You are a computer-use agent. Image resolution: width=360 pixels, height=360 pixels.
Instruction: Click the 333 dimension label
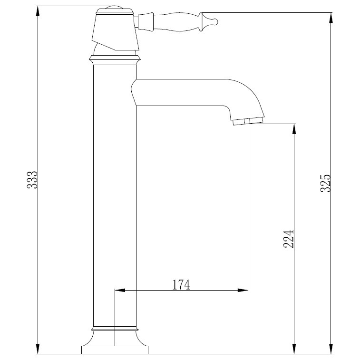(x=32, y=180)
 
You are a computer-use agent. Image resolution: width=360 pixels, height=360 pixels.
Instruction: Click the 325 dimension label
(x=325, y=183)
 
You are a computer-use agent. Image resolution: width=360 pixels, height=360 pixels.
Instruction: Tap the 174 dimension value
(x=181, y=284)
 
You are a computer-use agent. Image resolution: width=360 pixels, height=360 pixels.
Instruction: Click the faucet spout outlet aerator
(x=248, y=122)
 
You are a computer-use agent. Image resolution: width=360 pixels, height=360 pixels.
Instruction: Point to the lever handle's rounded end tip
(x=215, y=20)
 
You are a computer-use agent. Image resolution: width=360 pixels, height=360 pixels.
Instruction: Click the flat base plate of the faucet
(x=115, y=350)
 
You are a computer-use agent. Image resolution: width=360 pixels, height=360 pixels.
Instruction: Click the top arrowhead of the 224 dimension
(x=294, y=129)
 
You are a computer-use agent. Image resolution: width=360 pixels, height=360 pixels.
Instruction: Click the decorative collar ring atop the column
(x=115, y=60)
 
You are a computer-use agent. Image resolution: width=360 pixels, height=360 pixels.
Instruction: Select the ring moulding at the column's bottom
(x=115, y=329)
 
